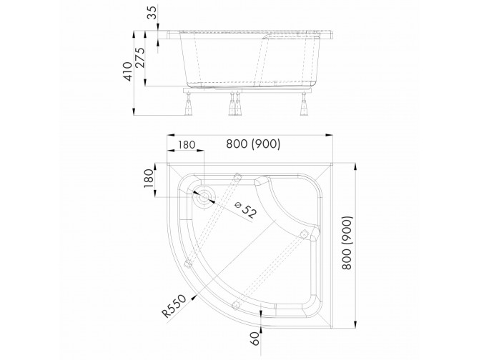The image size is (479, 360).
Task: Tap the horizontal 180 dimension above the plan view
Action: click(x=187, y=145)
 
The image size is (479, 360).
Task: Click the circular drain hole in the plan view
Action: click(x=206, y=197)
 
